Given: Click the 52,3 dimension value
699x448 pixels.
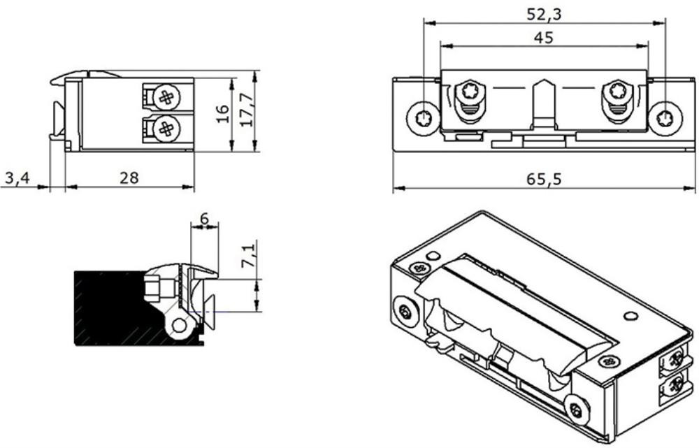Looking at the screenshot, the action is point(545,14).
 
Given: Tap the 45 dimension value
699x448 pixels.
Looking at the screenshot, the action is point(543,38).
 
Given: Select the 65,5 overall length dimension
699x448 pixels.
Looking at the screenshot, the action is point(544,179).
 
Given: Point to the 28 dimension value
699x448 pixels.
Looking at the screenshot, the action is point(129,178).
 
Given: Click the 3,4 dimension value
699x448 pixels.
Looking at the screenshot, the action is point(17,178).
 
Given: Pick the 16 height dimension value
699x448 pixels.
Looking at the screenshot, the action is point(222,114).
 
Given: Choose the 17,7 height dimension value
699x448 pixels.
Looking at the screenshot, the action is point(247,110).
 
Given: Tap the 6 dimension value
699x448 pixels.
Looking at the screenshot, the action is point(204,219).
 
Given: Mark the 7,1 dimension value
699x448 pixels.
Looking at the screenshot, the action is point(248,254).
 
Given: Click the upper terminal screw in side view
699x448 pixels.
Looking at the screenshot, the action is point(167,96).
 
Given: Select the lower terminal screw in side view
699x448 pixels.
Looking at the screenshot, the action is point(167,129).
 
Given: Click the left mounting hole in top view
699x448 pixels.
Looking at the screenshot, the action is point(421,119).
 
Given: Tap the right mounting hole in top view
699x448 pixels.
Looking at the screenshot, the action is point(665,119).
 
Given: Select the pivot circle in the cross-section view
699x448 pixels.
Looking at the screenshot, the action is point(179,326).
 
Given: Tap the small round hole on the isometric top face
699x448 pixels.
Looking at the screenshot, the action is point(630,316).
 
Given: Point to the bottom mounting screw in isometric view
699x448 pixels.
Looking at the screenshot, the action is point(577,410).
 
